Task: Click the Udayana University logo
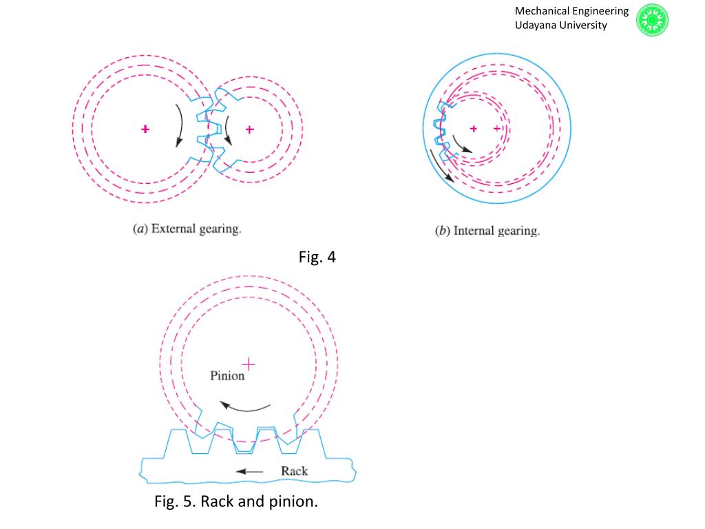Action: (652, 19)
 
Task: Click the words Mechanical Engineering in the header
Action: (571, 11)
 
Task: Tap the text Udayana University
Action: (561, 25)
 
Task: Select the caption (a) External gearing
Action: (187, 229)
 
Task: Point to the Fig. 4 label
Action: (317, 258)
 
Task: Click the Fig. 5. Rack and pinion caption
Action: (236, 501)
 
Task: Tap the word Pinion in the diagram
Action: (227, 375)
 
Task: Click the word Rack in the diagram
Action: (294, 471)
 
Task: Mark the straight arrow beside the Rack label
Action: (249, 472)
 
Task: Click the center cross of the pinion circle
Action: (249, 363)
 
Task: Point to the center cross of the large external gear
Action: (145, 129)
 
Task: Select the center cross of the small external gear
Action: (249, 129)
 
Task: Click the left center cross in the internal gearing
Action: (474, 129)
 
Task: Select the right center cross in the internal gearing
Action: (497, 129)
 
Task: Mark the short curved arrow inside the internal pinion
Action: (461, 145)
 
